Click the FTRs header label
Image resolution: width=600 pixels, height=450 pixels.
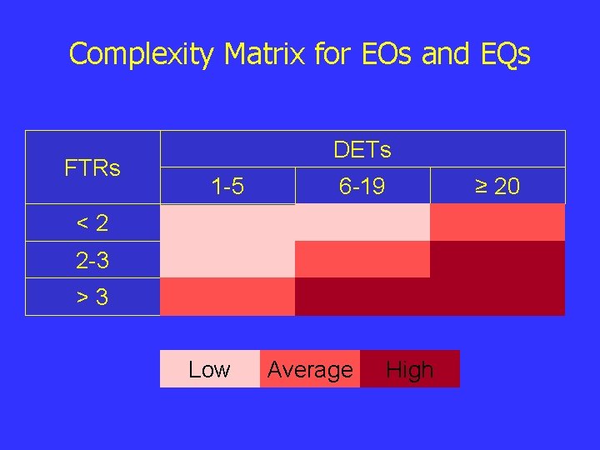point(92,167)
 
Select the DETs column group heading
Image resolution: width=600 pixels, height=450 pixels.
point(362,150)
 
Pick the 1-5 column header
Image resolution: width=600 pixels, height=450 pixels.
point(227,187)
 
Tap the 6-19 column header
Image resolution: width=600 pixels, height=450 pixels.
point(362,187)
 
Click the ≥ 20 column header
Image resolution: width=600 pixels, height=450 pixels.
point(497,187)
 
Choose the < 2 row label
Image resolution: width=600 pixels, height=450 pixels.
point(92,222)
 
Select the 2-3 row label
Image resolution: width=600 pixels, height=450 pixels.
point(92,260)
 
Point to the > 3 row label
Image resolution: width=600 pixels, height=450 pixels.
point(92,297)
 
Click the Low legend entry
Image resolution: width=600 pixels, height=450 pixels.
point(209,369)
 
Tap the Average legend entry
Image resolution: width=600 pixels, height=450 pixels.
point(310,369)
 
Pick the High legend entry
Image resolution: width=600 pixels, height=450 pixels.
point(410,369)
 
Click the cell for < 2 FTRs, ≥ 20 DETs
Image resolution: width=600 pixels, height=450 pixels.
point(497,222)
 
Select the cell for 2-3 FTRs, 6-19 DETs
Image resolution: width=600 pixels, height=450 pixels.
point(362,259)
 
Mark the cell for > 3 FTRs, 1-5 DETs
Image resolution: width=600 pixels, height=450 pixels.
point(227,297)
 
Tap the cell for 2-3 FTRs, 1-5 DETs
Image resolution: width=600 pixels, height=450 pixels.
point(227,259)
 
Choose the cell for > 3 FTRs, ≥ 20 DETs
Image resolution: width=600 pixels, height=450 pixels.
point(497,297)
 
